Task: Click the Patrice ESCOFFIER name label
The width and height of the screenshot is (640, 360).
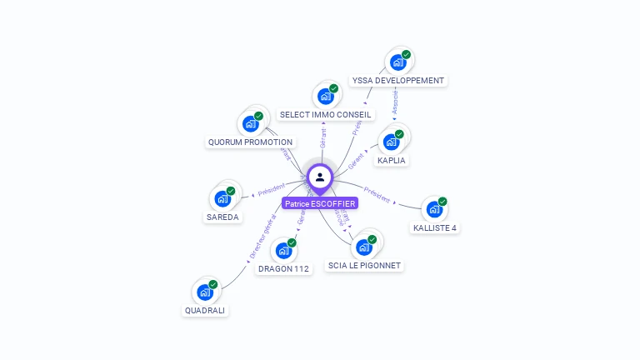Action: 320,203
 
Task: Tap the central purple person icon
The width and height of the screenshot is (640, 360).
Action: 320,177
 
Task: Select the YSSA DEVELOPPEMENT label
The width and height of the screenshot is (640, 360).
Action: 398,81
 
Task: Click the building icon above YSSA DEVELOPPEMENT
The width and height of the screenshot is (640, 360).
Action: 398,62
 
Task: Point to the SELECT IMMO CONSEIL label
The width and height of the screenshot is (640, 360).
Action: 326,114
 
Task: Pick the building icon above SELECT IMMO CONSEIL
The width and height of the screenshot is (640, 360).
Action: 326,96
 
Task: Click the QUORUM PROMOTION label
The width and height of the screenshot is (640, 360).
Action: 250,142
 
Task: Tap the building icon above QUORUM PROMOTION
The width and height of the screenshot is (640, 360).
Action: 251,124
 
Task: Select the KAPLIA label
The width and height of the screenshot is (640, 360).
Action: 392,160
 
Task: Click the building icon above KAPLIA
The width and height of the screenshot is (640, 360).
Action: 392,142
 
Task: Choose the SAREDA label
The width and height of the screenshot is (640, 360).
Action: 222,217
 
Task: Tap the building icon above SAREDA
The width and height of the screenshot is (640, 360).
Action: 222,198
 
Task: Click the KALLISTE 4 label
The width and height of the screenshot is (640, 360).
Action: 435,227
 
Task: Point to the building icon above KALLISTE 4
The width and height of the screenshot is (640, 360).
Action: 434,209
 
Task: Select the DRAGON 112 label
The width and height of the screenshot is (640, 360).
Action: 283,269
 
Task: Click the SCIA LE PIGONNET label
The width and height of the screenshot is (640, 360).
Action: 364,266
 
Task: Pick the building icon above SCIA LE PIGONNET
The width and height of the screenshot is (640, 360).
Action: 363,247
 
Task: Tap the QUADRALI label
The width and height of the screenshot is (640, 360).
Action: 205,311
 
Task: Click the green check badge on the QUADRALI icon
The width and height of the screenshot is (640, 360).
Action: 213,284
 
